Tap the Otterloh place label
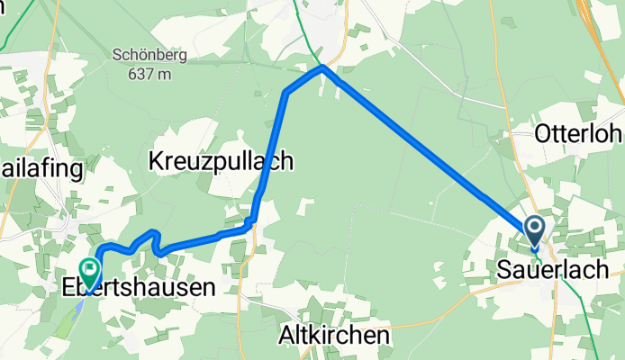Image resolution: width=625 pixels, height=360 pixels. [x=578, y=134]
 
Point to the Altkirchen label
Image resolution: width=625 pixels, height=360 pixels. [x=333, y=335]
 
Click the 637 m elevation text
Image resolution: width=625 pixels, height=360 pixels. [x=149, y=75]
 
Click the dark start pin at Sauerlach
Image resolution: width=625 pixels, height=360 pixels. [x=534, y=230]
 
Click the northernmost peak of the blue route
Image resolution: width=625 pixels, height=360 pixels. [x=322, y=67]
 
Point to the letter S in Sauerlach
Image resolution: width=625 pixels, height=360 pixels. [x=503, y=269]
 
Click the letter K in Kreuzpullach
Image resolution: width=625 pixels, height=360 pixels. [x=154, y=161]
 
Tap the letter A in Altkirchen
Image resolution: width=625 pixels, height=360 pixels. [x=283, y=335]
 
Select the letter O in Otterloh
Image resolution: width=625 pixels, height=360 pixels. [x=543, y=134]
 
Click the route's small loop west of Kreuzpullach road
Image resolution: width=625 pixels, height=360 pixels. [x=153, y=239]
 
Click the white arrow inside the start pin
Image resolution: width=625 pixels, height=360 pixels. [x=534, y=227]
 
